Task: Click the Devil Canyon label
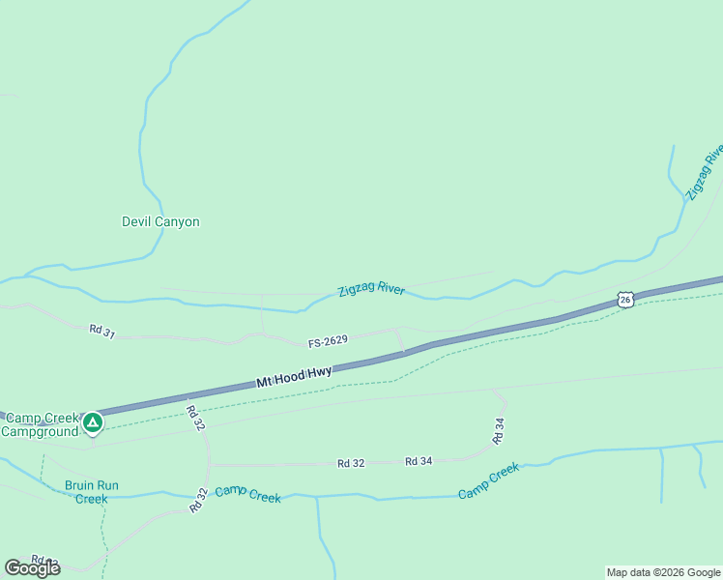[x=160, y=221]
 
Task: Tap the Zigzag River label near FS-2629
[x=371, y=288]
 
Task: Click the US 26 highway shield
[x=626, y=301]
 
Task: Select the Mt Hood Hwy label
[x=294, y=377]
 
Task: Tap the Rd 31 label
[x=102, y=331]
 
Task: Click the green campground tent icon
[x=93, y=422]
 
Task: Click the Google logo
[x=32, y=568]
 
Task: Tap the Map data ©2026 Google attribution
[x=663, y=572]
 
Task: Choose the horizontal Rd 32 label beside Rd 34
[x=351, y=463]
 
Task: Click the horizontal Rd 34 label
[x=419, y=461]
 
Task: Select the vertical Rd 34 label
[x=499, y=430]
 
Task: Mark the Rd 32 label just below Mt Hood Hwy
[x=195, y=418]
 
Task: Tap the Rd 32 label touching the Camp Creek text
[x=199, y=500]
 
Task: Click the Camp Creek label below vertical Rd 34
[x=488, y=480]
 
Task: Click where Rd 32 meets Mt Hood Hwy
[x=186, y=396]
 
